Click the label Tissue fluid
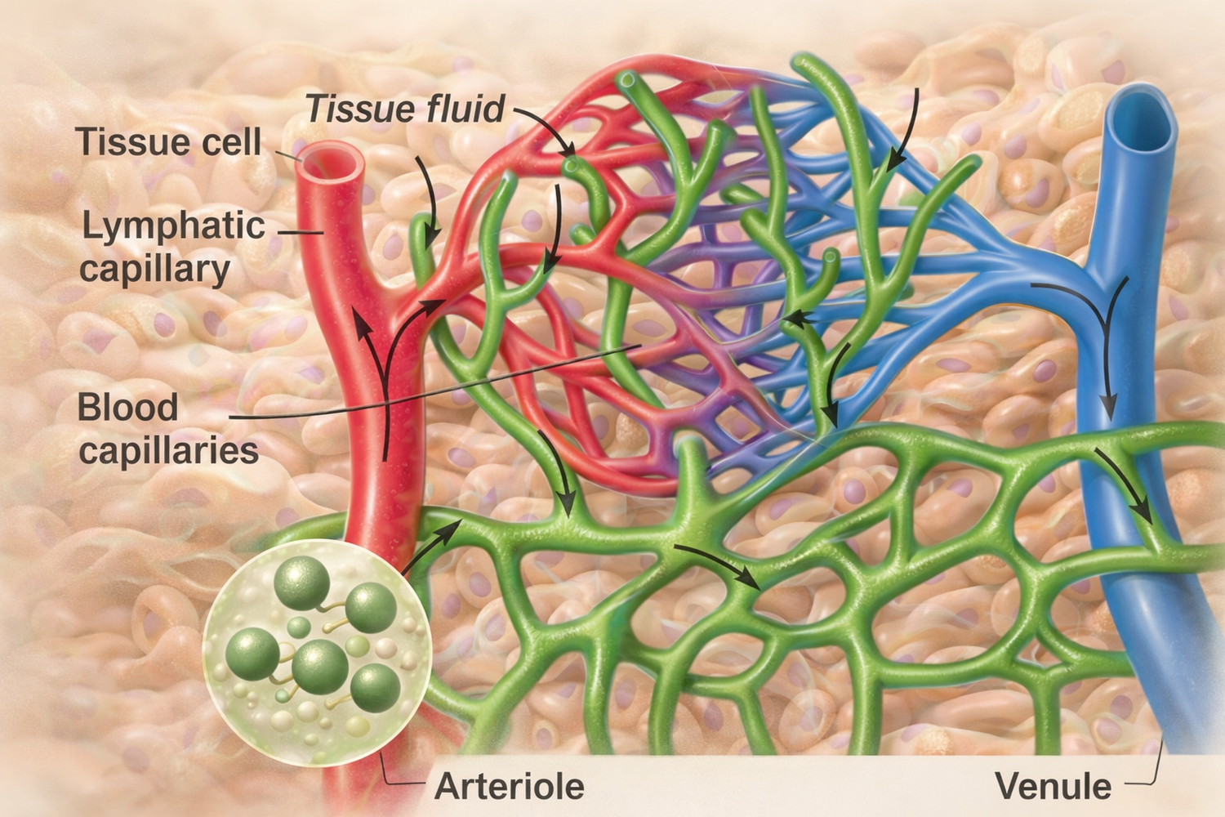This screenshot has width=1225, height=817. point(406,109)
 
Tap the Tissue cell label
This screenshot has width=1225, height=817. point(168,141)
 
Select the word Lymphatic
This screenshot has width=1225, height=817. point(173,226)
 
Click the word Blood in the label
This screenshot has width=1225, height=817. point(127,407)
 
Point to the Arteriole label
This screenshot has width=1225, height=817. point(510,786)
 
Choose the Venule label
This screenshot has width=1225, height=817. point(1053,786)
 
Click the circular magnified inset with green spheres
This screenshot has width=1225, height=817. point(316,652)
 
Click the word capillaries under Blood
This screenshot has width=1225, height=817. point(168,450)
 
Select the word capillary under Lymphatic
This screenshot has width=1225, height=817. point(154,269)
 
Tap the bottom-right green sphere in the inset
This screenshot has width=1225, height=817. point(375,687)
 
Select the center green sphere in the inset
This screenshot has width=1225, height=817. point(320,666)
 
